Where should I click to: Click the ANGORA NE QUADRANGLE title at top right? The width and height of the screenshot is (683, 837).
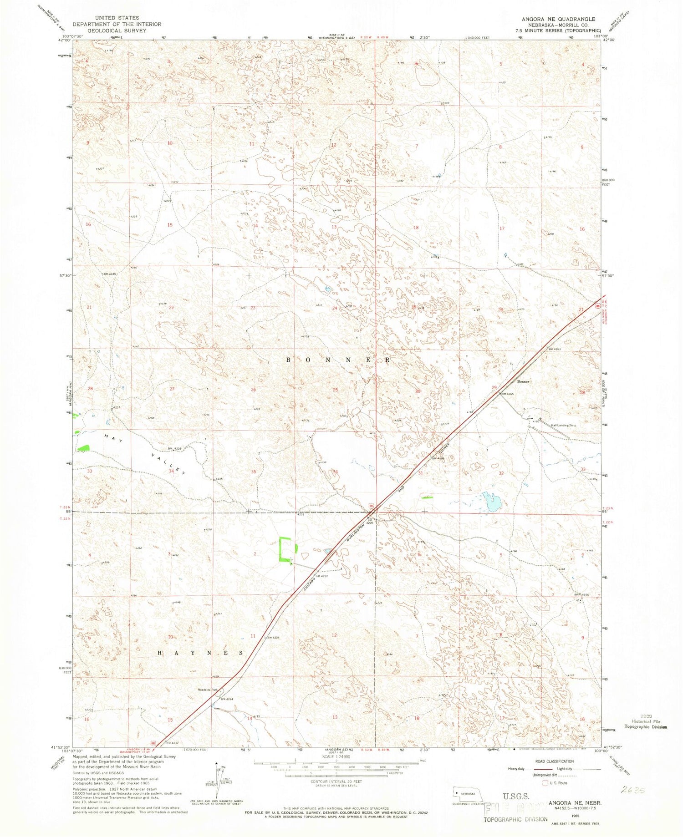(x=558, y=19)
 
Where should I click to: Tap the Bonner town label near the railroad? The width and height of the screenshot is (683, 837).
(x=523, y=381)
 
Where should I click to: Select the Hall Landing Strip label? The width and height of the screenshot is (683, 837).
(x=563, y=425)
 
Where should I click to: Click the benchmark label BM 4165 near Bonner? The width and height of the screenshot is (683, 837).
(x=507, y=394)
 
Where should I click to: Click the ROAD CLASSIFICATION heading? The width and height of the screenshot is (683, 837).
(x=554, y=761)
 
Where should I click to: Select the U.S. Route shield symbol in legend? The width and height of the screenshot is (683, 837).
(x=545, y=783)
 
